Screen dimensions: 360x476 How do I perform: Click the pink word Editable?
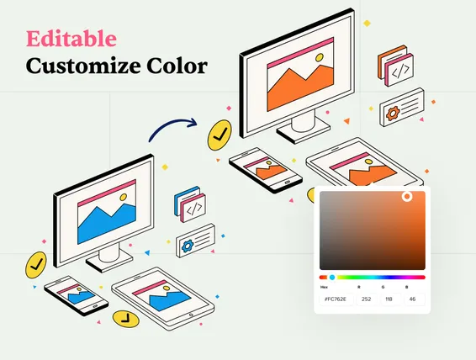click(71, 38)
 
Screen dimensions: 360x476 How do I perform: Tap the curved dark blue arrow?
click(172, 127)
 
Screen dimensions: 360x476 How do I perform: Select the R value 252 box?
click(366, 298)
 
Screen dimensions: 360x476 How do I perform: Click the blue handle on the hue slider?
click(332, 277)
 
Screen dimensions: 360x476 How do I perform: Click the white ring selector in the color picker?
click(407, 197)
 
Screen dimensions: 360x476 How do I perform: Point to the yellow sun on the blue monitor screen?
click(123, 199)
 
